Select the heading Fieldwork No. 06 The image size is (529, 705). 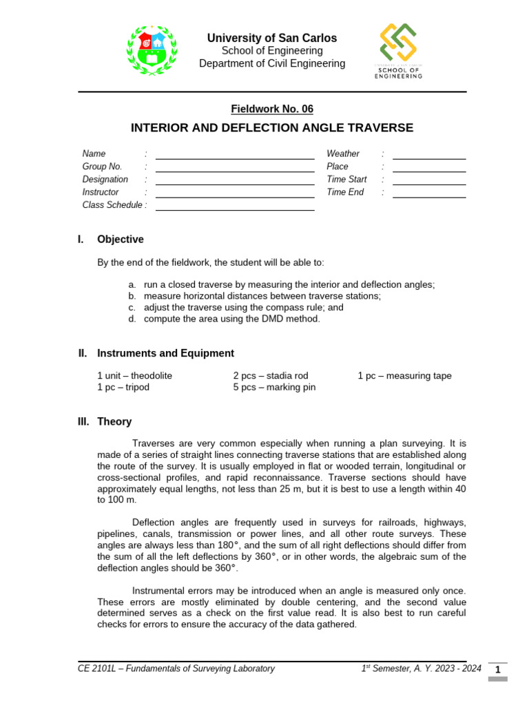tap(271, 109)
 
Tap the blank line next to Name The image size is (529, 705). tap(235, 157)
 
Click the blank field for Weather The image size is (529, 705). tap(429, 158)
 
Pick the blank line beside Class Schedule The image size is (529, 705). tap(235, 209)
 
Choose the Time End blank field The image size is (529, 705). tap(429, 196)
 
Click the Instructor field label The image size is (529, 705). tap(101, 192)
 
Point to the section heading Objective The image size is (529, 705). tap(121, 240)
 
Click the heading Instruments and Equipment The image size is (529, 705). tap(165, 353)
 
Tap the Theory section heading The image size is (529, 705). tap(114, 421)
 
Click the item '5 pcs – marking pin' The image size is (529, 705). tap(274, 388)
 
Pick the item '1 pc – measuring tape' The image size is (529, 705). tap(404, 376)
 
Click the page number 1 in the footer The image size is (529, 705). tap(497, 670)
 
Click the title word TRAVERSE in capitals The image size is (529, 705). tap(380, 128)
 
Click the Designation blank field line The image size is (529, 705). tap(235, 183)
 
